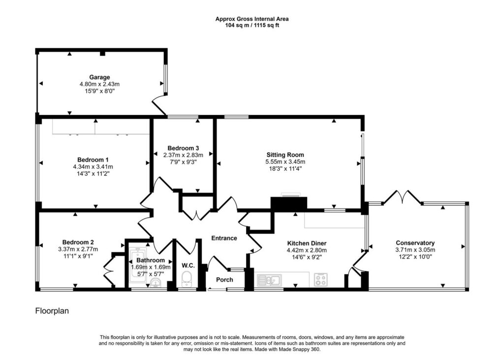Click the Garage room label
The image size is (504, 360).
(99, 77)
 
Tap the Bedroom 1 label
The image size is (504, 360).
(93, 160)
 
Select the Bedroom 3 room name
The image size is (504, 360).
(183, 148)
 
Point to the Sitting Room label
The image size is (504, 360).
(285, 155)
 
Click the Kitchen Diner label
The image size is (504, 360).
(307, 243)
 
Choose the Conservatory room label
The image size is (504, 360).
(415, 243)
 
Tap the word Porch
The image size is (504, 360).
(224, 280)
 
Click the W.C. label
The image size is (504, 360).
(188, 266)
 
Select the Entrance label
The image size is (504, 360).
(224, 238)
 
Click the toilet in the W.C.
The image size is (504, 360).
(187, 279)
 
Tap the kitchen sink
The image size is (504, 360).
(269, 280)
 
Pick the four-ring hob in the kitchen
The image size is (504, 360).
(320, 279)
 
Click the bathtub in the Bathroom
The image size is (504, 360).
(138, 265)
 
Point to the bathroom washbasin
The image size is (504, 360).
(156, 283)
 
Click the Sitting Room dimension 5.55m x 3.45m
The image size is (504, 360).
(285, 162)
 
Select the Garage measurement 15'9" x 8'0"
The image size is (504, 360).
(99, 91)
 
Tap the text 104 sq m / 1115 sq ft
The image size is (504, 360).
(252, 25)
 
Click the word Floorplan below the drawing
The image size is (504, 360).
(52, 311)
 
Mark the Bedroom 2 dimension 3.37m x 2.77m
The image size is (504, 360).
(78, 249)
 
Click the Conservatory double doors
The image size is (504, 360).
(402, 197)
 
